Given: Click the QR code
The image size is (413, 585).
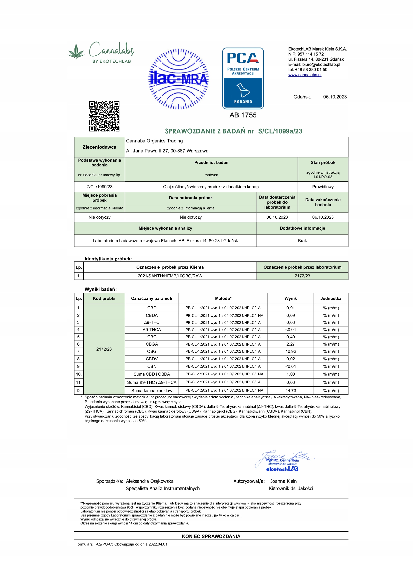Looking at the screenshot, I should coord(104,116).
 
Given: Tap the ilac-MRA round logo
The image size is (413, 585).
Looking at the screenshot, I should coord(178,79).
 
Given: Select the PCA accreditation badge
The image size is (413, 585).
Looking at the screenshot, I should coord(243,78).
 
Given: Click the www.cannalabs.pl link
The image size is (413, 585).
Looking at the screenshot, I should coord(305,75).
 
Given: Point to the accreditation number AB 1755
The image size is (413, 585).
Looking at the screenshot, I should coord(243,115).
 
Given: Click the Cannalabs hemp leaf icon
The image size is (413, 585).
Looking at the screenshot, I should coord(76,52).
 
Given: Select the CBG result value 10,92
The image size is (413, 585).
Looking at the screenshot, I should coord(291,351).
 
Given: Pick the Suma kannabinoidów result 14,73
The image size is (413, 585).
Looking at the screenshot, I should coord(291,391).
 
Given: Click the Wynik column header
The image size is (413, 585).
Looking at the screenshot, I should coord(291,298).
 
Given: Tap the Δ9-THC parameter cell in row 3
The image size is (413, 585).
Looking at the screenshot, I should coord(152,323).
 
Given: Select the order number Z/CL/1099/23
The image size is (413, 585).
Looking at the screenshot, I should coord(99,187).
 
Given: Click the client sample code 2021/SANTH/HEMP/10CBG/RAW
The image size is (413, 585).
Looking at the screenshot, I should coord(170,276).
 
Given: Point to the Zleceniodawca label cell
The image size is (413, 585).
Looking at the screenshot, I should coord(99,147).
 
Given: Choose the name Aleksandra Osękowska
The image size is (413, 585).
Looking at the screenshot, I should coord(150,481).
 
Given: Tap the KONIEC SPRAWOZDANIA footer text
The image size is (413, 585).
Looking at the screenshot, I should coord(211,536).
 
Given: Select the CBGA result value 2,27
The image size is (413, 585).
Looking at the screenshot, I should coord(291,344).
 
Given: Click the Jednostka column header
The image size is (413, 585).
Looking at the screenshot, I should coord(331,298).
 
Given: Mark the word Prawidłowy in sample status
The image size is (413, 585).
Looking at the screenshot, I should coord(323,187).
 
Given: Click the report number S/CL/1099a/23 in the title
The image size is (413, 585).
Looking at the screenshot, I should coord(280,131).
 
